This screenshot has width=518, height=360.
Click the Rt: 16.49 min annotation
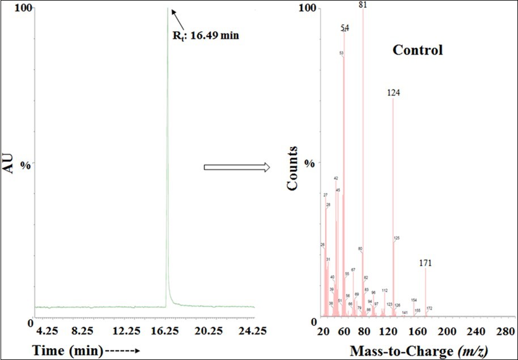pyautogui.click(x=206, y=36)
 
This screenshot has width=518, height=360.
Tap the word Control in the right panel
pyautogui.click(x=418, y=50)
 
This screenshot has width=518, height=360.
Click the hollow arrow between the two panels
pyautogui.click(x=236, y=167)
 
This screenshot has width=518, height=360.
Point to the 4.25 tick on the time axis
pyautogui.click(x=47, y=331)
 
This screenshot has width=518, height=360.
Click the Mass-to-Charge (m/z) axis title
pyautogui.click(x=418, y=351)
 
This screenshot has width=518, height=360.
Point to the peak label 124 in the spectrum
pyautogui.click(x=394, y=92)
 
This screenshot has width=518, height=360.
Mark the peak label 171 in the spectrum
pyautogui.click(x=426, y=263)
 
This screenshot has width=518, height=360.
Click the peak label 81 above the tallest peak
pyautogui.click(x=363, y=5)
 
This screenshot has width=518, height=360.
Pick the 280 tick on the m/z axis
pyautogui.click(x=503, y=331)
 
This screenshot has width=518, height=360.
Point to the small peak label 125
pyautogui.click(x=397, y=238)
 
